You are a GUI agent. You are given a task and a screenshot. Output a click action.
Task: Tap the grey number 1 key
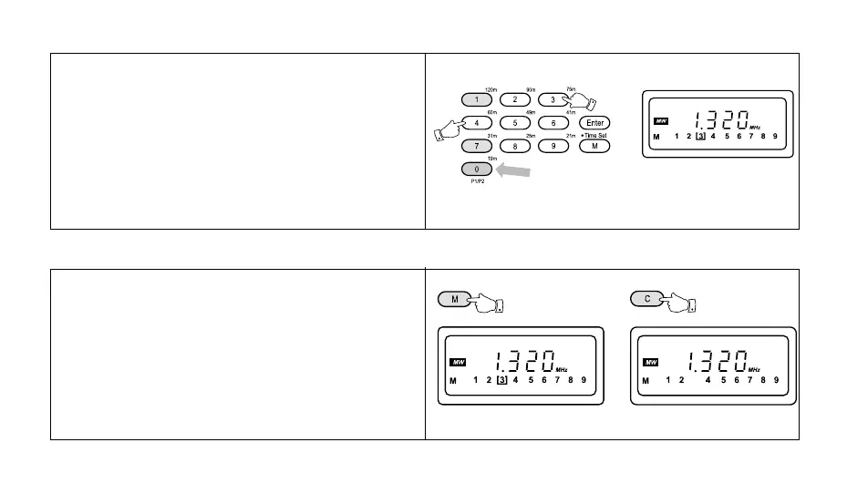point(477,98)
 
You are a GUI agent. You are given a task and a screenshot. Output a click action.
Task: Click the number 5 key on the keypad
point(515,122)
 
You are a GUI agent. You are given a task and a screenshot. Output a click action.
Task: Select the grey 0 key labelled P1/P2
point(477,169)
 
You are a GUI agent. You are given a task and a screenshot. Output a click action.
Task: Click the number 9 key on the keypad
point(554,146)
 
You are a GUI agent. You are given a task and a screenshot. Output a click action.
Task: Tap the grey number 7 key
point(477,146)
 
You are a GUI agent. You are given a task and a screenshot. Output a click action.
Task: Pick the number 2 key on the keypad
point(515,98)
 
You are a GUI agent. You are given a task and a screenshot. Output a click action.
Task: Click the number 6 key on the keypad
point(554,122)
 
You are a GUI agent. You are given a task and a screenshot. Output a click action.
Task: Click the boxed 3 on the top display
point(700,137)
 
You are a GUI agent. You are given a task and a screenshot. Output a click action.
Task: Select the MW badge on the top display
point(660,121)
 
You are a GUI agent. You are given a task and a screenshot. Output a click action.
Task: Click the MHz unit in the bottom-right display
point(755,369)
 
